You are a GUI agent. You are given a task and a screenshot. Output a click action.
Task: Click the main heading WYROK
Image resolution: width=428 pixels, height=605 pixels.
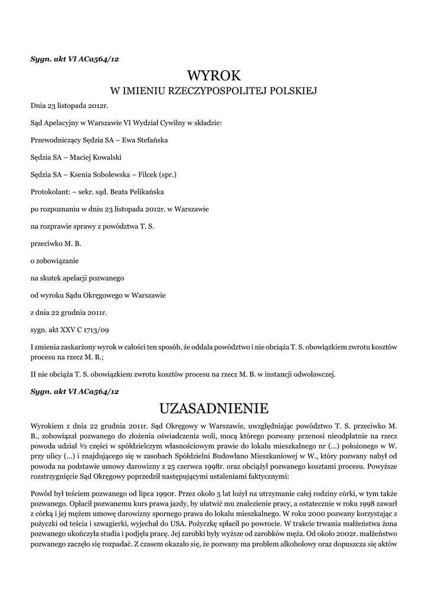pos(214,76)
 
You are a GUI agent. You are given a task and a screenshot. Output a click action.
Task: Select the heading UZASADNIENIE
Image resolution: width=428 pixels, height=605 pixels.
pos(214,408)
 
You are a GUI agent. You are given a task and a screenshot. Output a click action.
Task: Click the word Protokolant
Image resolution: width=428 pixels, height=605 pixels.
pos(49,192)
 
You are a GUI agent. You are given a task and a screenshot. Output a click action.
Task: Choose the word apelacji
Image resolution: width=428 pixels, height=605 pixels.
pos(80,277)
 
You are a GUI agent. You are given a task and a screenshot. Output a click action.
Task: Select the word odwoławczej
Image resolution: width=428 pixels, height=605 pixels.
pos(315,374)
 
